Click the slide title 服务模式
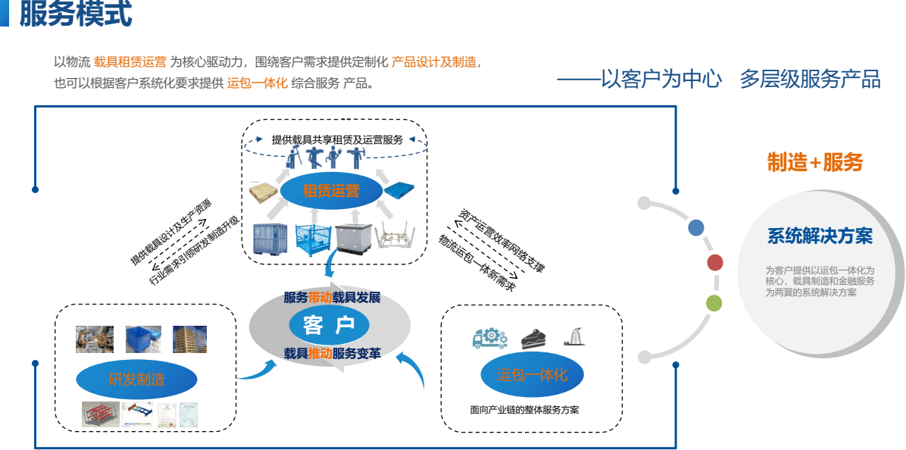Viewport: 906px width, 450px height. pyautogui.click(x=75, y=14)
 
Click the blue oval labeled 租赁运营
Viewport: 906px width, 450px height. pyautogui.click(x=331, y=190)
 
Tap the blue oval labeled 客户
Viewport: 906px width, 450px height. pyautogui.click(x=329, y=326)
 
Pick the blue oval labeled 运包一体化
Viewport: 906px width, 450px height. pyautogui.click(x=532, y=374)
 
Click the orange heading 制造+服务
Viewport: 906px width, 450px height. pyautogui.click(x=814, y=161)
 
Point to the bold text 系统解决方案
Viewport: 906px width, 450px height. pyautogui.click(x=820, y=236)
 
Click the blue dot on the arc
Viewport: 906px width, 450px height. pyautogui.click(x=696, y=227)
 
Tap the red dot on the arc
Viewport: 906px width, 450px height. pyautogui.click(x=714, y=263)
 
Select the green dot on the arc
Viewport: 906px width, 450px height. pyautogui.click(x=714, y=303)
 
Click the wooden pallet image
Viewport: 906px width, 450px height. pyautogui.click(x=267, y=195)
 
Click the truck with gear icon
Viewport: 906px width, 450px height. pyautogui.click(x=489, y=338)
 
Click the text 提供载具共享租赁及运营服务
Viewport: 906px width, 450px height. pyautogui.click(x=337, y=139)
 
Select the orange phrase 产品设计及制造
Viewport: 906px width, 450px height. pyautogui.click(x=434, y=62)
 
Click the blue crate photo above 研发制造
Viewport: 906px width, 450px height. pyautogui.click(x=142, y=339)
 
